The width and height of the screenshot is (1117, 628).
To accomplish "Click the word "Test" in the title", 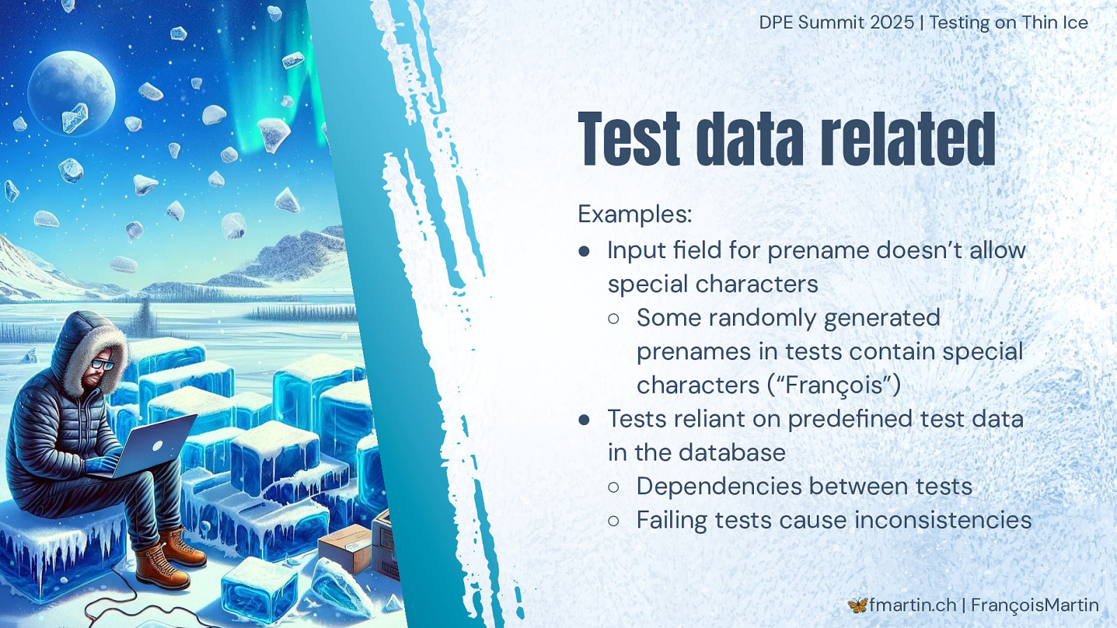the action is pos(628,139).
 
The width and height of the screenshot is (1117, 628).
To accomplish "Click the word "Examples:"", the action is pos(635,215).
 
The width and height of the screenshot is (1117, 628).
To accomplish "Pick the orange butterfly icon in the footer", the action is pos(857,605).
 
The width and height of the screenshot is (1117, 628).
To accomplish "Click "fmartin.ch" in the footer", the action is pos(912,605).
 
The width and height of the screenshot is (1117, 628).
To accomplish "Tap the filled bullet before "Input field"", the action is pos(584,251).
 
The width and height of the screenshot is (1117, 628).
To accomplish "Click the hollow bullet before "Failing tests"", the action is pos(614,521).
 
